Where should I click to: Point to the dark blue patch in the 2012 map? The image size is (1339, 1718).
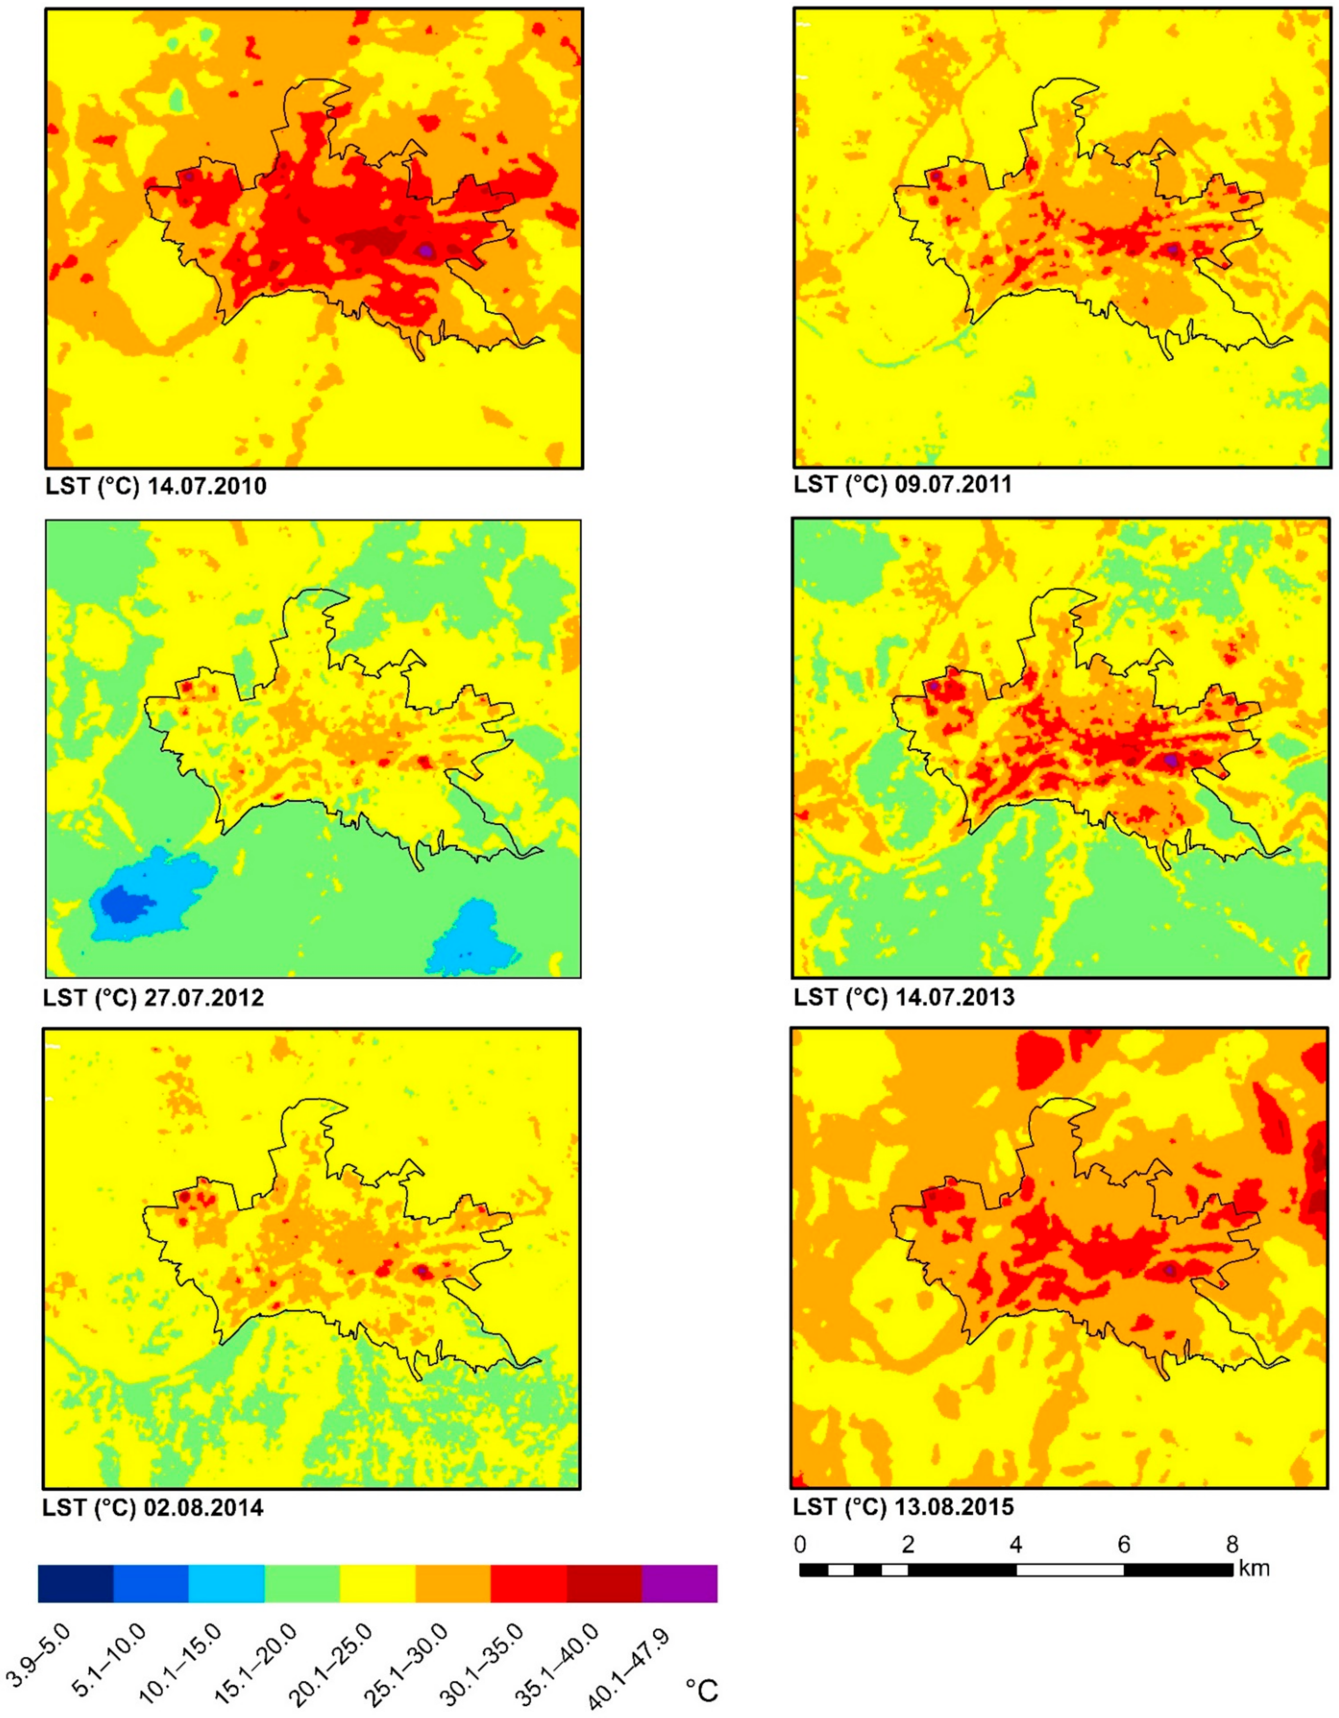point(122,902)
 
